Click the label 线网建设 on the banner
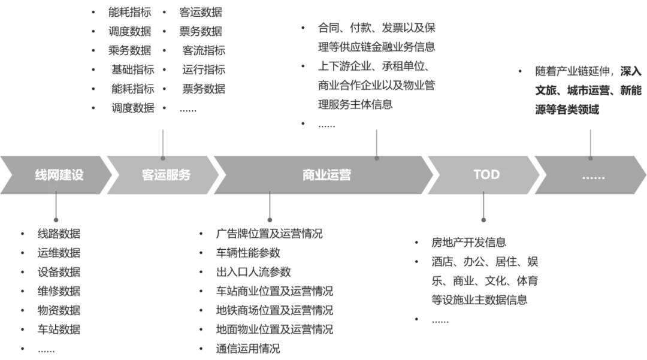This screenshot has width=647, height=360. [59, 175]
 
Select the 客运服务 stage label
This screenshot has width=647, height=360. [166, 175]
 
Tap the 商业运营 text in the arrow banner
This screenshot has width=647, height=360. [326, 175]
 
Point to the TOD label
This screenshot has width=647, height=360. [486, 174]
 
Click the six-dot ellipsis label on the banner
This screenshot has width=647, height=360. [593, 176]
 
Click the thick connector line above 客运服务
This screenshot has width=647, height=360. [163, 140]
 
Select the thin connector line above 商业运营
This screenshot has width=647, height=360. [376, 140]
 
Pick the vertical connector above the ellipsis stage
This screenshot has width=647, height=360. [591, 139]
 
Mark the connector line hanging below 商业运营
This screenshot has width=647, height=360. [270, 210]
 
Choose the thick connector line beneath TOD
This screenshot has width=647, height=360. [483, 210]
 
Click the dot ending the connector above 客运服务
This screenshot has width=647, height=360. [163, 158]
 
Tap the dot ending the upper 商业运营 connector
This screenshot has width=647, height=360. [376, 158]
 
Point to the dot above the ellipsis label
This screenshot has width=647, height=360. [591, 158]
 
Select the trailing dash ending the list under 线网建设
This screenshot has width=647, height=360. [46, 352]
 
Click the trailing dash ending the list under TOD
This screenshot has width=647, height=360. [440, 323]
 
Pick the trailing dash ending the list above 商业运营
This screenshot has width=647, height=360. [326, 127]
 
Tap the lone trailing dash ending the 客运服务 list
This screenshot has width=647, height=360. [189, 112]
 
